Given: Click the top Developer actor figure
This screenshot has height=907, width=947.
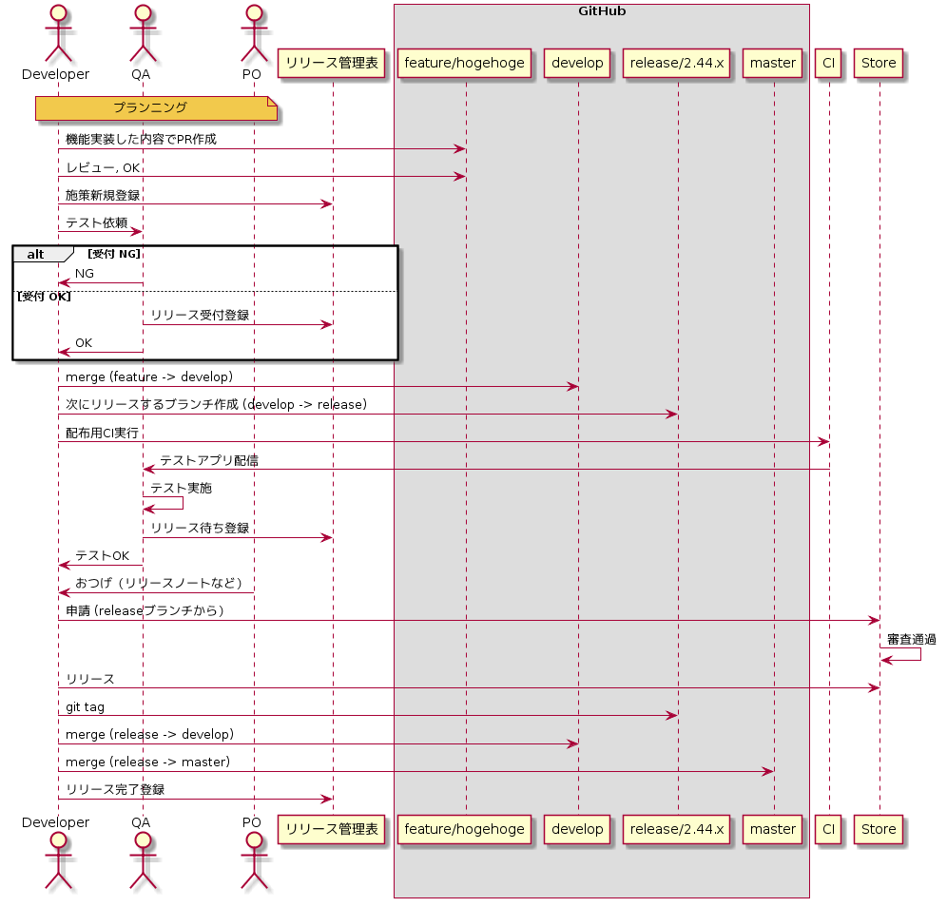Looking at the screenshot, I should (x=58, y=33).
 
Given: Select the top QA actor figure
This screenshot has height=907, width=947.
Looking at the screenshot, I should (x=143, y=33).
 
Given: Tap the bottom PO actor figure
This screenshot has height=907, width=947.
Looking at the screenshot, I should (x=253, y=867).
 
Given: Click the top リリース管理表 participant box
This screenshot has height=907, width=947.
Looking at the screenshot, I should (x=332, y=63).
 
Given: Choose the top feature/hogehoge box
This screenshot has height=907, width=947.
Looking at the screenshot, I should (x=465, y=63).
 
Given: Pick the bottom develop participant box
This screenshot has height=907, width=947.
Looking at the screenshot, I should (x=577, y=829).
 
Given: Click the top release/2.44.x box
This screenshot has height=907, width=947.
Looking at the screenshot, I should (x=678, y=63).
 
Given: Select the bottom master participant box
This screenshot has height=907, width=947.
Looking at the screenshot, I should (x=772, y=829).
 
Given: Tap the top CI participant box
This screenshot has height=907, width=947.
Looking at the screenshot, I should (x=828, y=63).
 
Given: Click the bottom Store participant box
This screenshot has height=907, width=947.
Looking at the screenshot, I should (x=879, y=829).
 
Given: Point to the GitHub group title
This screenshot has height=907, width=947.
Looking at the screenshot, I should (x=601, y=11).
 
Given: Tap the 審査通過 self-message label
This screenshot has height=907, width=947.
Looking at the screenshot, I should (x=911, y=640).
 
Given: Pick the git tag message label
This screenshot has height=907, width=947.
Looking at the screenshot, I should (x=86, y=706).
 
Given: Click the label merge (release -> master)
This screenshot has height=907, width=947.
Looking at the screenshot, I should (x=147, y=762).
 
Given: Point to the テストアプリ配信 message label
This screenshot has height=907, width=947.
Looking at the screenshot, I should (x=209, y=460).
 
